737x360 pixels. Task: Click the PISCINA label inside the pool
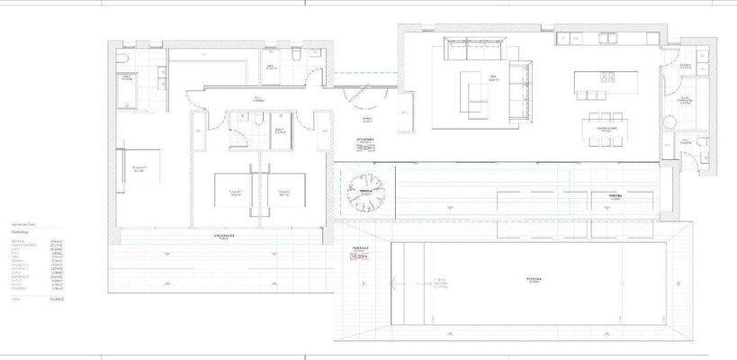[x=534, y=279]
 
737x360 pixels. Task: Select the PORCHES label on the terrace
[x=616, y=194]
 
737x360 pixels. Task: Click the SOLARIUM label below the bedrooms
[x=224, y=237]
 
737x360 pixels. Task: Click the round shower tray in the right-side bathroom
[x=671, y=123]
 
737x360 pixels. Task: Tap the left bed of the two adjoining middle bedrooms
[x=236, y=191]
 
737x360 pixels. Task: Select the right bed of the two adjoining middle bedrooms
[x=283, y=191]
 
